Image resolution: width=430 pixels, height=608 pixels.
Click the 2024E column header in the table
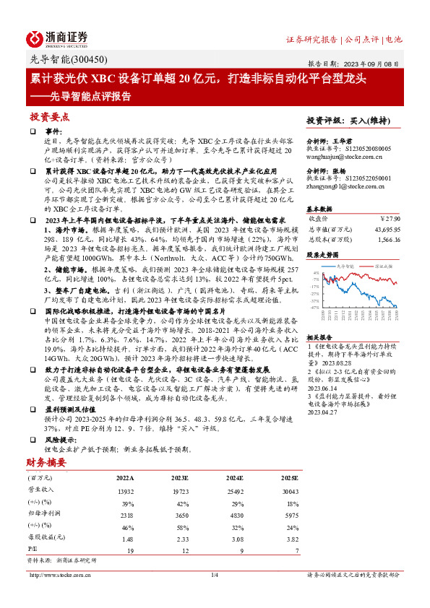coord(231,478)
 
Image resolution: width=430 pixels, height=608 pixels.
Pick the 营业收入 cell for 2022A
coord(125,491)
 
